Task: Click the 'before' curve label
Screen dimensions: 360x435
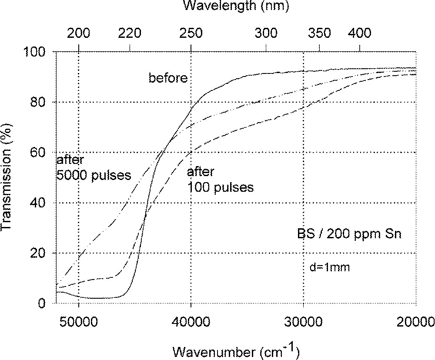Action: point(168,78)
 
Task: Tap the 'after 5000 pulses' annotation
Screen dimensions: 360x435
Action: point(94,168)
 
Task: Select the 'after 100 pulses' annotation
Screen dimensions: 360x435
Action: point(220,180)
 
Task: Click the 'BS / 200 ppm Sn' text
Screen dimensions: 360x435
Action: point(349,235)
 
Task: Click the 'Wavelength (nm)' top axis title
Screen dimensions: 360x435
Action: point(235,6)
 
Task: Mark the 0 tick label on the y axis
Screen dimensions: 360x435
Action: point(47,303)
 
